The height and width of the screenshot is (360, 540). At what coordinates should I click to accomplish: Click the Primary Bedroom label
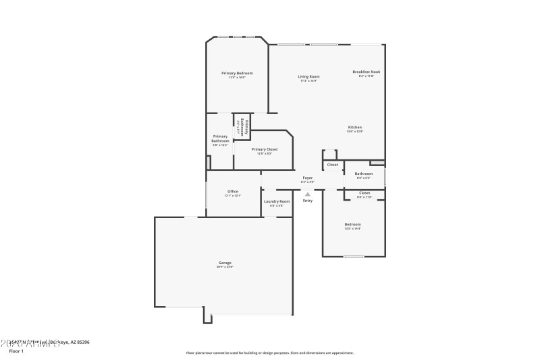(x=237, y=73)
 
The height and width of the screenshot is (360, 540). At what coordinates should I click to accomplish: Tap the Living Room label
(x=309, y=76)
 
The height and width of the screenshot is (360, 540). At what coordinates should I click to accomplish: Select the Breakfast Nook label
(x=366, y=72)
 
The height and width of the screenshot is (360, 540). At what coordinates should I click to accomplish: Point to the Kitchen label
(x=355, y=127)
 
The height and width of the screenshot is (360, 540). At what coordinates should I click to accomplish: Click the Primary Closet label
(x=264, y=149)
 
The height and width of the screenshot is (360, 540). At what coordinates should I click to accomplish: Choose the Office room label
(x=232, y=191)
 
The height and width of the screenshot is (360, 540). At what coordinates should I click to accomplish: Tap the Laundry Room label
(x=277, y=201)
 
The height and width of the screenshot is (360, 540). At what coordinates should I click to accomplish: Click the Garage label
(x=225, y=263)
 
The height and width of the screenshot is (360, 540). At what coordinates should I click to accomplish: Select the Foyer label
(x=307, y=178)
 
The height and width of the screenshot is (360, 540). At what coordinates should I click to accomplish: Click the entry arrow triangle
(x=308, y=194)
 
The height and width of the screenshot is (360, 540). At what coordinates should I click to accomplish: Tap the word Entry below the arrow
(x=308, y=201)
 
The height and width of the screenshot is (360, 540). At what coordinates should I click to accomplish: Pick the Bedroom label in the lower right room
(x=352, y=224)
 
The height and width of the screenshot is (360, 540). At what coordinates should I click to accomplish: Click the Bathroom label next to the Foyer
(x=363, y=174)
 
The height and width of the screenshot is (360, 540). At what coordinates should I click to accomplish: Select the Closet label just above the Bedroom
(x=364, y=193)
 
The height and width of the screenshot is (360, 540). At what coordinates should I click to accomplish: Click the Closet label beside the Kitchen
(x=332, y=165)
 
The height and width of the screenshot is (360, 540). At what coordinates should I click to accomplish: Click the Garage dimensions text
(x=225, y=267)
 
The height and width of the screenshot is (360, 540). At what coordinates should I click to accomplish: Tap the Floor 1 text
(x=16, y=351)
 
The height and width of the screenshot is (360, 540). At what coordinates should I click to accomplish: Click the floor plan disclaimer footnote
(x=269, y=353)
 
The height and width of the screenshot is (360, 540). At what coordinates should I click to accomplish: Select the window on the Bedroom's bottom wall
(x=354, y=257)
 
